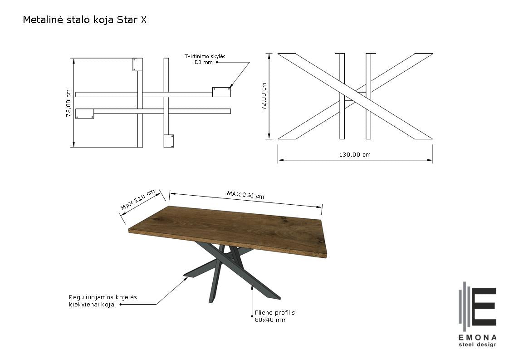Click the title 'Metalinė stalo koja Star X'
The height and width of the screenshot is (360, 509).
pyautogui.click(x=85, y=20)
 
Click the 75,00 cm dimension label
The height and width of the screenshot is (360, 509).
pyautogui.click(x=68, y=104)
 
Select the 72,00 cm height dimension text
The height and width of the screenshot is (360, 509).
pyautogui.click(x=264, y=96)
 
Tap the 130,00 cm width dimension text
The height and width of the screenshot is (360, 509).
pyautogui.click(x=355, y=155)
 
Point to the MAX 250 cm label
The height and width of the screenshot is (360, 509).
pyautogui.click(x=245, y=195)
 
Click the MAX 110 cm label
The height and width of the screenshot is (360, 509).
pyautogui.click(x=137, y=199)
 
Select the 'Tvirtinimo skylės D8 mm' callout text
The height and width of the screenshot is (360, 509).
pyautogui.click(x=205, y=59)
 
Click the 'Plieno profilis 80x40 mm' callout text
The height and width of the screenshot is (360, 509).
pyautogui.click(x=274, y=316)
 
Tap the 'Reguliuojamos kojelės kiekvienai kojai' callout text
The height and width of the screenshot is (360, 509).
pyautogui.click(x=103, y=301)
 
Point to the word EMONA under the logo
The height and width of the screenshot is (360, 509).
pyautogui.click(x=477, y=338)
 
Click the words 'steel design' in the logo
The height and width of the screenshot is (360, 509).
pyautogui.click(x=477, y=345)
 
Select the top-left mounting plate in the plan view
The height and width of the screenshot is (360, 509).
pyautogui.click(x=137, y=64)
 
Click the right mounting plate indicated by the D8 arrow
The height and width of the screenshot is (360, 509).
pyautogui.click(x=222, y=92)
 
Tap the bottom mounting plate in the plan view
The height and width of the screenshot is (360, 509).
pyautogui.click(x=168, y=141)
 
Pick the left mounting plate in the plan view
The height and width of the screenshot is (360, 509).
pyautogui.click(x=85, y=113)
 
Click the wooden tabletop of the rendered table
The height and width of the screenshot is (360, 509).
pyautogui.click(x=227, y=231)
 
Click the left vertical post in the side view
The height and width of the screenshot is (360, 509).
pyautogui.click(x=342, y=96)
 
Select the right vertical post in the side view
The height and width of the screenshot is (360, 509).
pyautogui.click(x=368, y=96)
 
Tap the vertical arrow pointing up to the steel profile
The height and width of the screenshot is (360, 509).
pyautogui.click(x=252, y=301)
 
